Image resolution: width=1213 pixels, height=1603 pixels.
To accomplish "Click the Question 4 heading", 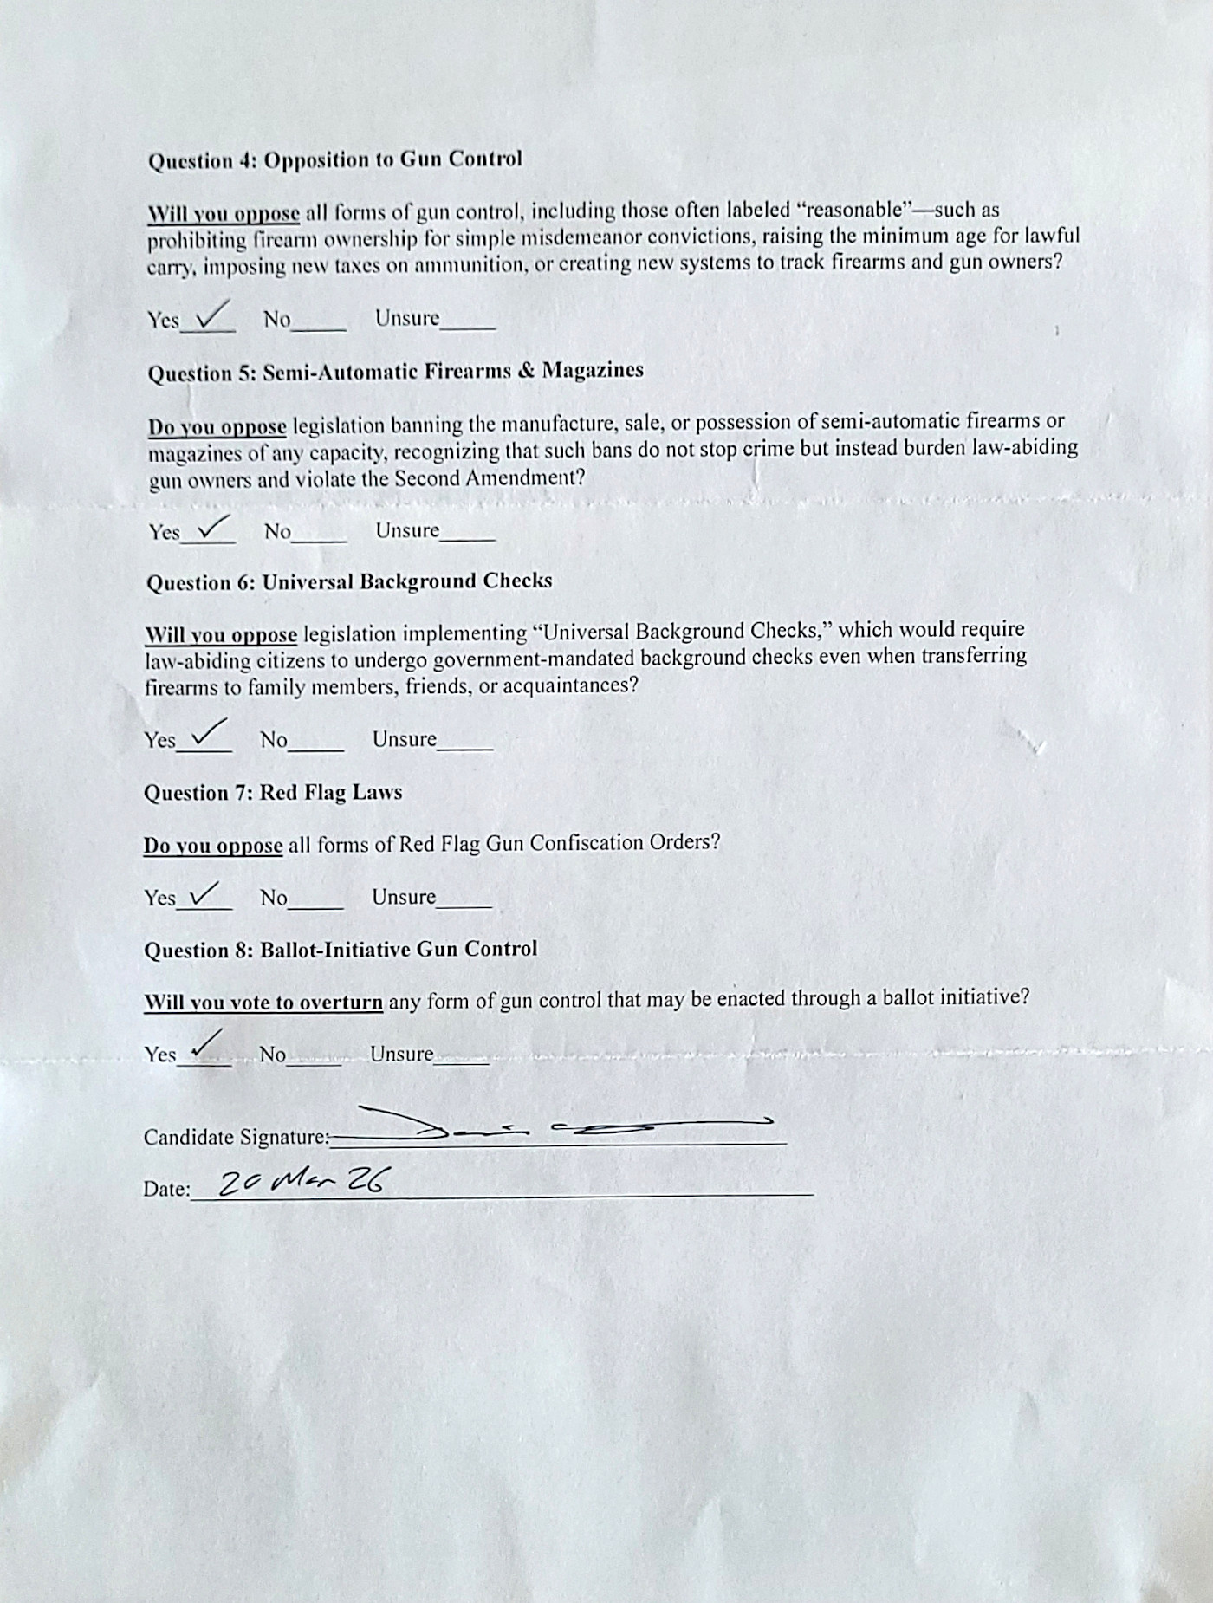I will [335, 160].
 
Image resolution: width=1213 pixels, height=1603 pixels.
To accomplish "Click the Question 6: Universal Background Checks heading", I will [348, 581].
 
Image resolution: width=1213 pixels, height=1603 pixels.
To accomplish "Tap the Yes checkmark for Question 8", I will [205, 1044].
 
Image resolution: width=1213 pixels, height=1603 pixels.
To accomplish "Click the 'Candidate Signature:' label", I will [236, 1137].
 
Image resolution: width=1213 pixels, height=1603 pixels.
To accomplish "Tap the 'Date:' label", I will [166, 1189].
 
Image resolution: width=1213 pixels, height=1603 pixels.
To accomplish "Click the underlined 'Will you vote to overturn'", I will [263, 1003].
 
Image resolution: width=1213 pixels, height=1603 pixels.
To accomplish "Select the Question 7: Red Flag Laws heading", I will [273, 793].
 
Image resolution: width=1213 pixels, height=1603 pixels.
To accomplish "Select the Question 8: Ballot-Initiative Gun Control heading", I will [341, 950].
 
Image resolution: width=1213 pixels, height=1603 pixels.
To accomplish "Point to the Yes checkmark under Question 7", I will [204, 892].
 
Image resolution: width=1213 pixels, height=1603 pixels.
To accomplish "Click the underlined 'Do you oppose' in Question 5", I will [217, 427].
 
